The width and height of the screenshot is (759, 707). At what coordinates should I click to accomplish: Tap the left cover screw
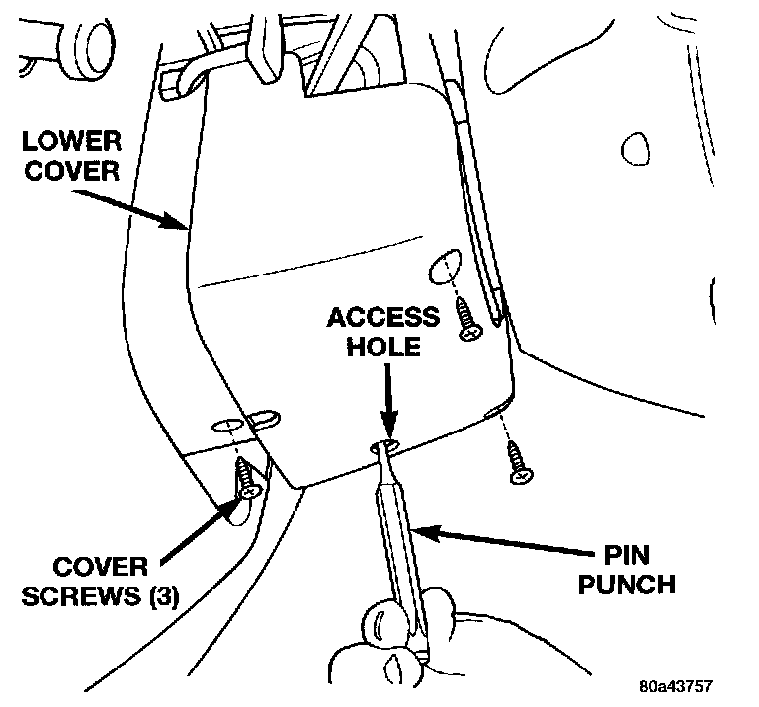pyautogui.click(x=246, y=478)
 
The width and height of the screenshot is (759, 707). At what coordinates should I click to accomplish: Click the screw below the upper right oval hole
pyautogui.click(x=467, y=321)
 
